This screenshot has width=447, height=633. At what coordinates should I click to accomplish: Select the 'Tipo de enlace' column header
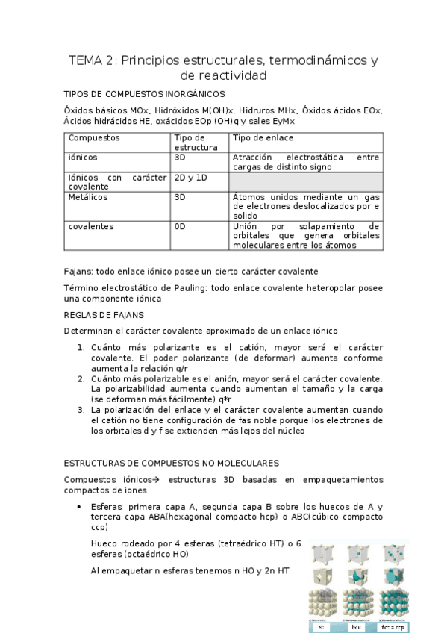coord(263,138)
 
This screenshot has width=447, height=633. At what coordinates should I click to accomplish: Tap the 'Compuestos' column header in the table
coord(94,138)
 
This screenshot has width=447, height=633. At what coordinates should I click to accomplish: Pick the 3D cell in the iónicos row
coord(180,158)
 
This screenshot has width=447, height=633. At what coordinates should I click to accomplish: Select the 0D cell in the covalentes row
coord(180,226)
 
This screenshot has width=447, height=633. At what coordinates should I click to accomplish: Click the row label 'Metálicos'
coord(88,197)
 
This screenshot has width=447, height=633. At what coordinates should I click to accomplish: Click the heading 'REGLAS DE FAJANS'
coord(104,315)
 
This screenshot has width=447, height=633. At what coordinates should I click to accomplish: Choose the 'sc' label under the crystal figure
coord(322,627)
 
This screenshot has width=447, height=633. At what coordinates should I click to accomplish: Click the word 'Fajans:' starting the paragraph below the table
coord(80,270)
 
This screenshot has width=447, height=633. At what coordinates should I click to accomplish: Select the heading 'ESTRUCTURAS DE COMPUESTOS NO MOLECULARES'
coord(172,463)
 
